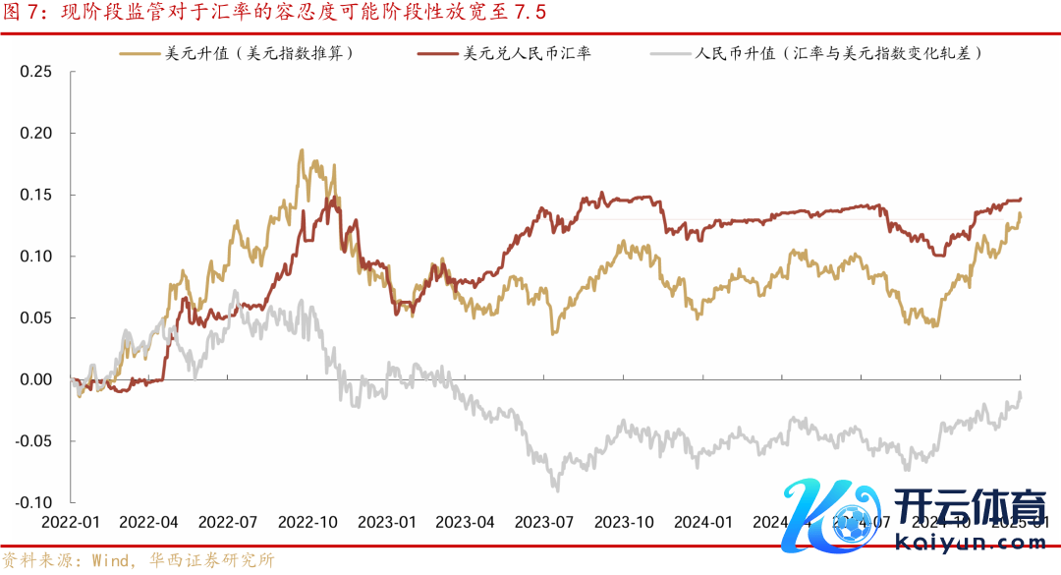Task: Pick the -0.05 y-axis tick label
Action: point(32,440)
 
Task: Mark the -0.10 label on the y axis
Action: point(32,502)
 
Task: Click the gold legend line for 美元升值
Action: point(139,53)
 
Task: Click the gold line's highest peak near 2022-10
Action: point(301,151)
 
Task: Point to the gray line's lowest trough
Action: point(556,488)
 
